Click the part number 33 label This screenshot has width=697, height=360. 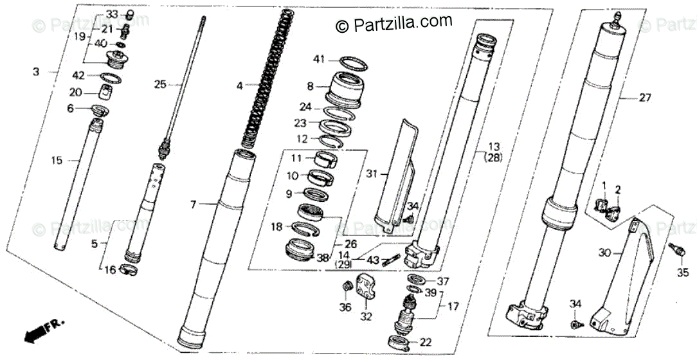111,14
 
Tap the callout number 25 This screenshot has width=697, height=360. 160,84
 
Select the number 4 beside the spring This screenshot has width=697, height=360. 239,85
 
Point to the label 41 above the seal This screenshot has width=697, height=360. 320,60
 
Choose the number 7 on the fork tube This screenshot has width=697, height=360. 192,204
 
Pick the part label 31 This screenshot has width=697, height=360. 371,173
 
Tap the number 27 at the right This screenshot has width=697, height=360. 644,98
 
